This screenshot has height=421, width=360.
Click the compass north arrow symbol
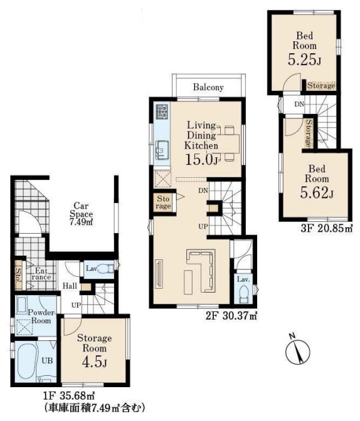coord(298,352)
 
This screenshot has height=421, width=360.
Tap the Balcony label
coord(208,87)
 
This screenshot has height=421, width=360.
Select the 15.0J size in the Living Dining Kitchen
coord(201,160)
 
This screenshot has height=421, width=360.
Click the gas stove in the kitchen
coord(162,112)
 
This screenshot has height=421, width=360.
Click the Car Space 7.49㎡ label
coord(81,214)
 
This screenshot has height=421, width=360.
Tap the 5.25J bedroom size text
coord(304,60)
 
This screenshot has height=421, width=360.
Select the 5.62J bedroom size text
coord(317,192)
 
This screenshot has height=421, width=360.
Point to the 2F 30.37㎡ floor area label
coord(231,316)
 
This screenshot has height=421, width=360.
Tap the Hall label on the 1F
coord(70,286)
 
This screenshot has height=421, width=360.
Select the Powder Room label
coord(41,316)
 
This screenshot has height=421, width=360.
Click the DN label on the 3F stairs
coord(299,104)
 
